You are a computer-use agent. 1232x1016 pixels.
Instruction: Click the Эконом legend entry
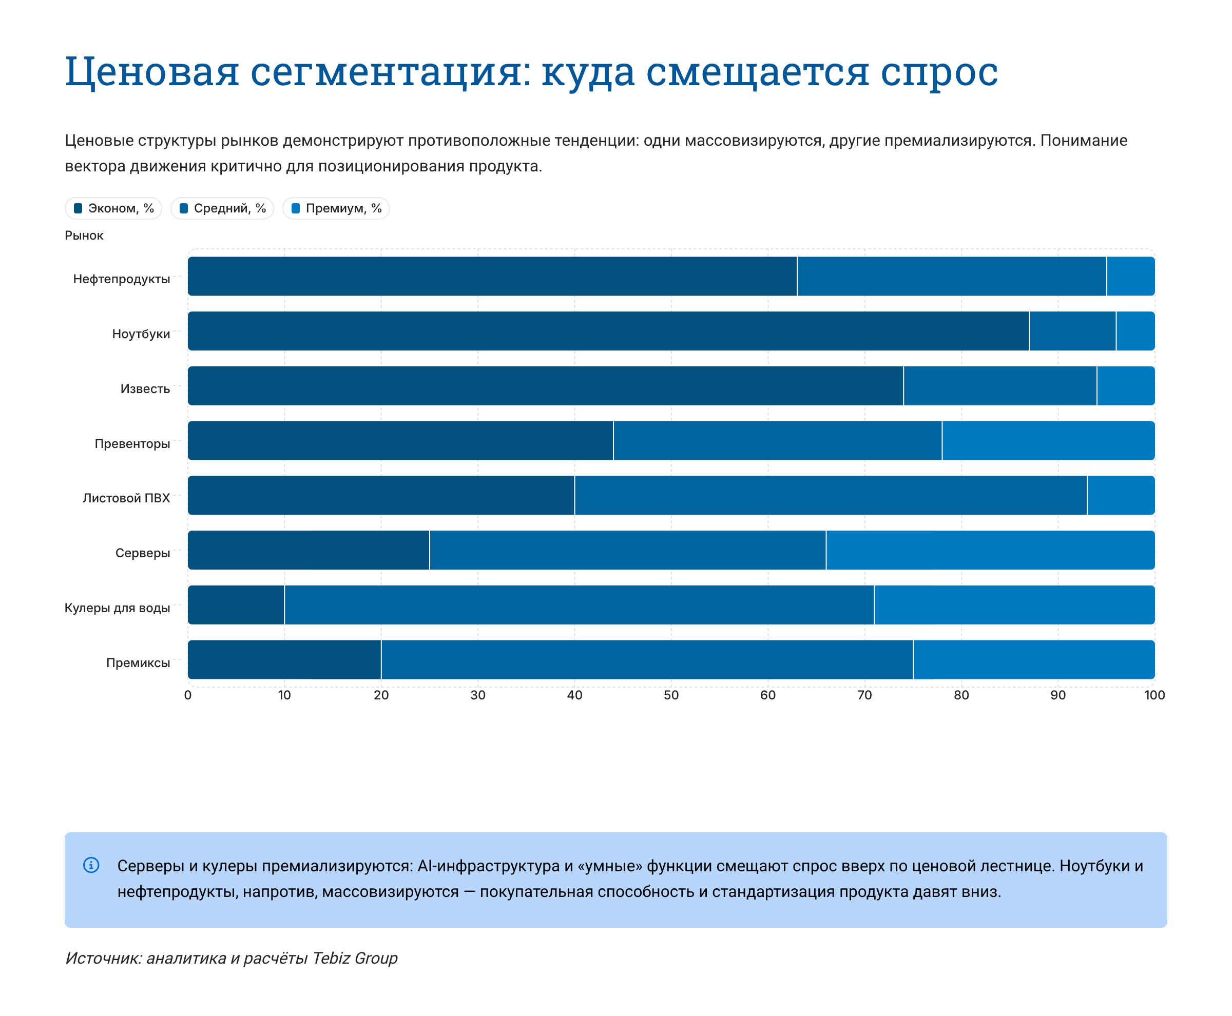point(113,208)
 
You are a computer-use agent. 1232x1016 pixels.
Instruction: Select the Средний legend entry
point(222,208)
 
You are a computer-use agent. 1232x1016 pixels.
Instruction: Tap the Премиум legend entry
point(336,208)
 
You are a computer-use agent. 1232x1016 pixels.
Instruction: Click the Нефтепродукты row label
point(121,279)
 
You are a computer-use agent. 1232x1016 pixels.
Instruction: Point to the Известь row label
point(145,388)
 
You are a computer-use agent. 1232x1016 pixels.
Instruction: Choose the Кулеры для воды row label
point(117,608)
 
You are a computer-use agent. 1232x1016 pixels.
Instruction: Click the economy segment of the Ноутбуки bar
point(608,331)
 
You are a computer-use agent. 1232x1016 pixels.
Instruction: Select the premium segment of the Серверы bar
point(990,550)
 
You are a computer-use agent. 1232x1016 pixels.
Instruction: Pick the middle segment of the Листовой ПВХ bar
point(830,495)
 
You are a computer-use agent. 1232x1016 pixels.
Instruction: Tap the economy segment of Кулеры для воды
point(236,604)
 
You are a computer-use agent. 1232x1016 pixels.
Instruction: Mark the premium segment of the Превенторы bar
point(1048,441)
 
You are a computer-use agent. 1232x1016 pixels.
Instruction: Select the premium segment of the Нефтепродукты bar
point(1130,276)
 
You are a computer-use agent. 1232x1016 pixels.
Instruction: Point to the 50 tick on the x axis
point(671,695)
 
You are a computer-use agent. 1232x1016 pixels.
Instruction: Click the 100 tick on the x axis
point(1154,695)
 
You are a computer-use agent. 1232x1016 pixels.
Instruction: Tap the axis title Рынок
point(84,236)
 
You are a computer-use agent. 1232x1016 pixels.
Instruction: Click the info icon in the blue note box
point(91,865)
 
